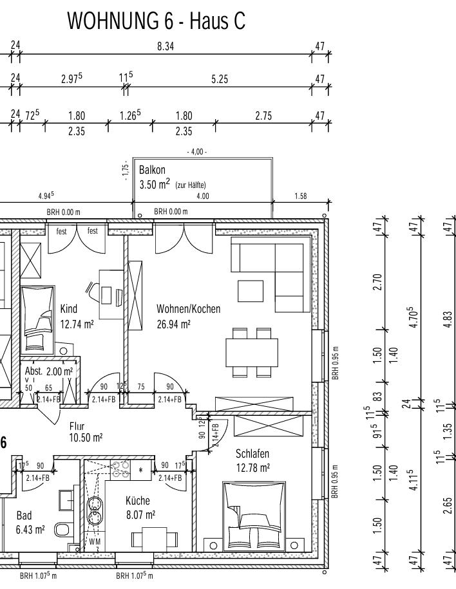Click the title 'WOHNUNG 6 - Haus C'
[157, 21]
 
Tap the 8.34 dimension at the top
[166, 46]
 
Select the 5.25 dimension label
[220, 79]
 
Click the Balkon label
[152, 170]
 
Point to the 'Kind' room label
[69, 309]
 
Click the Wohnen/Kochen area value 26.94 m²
[173, 324]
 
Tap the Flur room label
[77, 426]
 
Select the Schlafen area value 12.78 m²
[252, 468]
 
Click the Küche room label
[138, 500]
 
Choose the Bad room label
[24, 516]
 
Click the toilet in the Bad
[62, 530]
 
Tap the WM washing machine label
[95, 541]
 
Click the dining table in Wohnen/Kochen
[252, 353]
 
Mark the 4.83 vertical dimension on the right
[448, 319]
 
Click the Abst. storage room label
[34, 371]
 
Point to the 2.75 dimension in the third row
[263, 116]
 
